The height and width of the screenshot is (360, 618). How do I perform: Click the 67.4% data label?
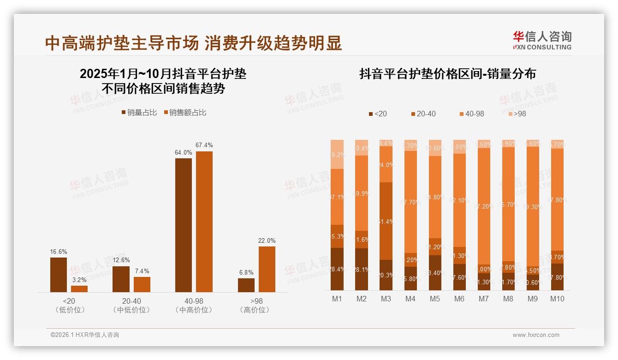tap(204, 145)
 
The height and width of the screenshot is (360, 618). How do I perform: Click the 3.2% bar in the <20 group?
tap(79, 288)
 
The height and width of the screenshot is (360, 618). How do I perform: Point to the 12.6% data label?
tap(121, 260)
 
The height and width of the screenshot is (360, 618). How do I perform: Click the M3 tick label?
tap(386, 299)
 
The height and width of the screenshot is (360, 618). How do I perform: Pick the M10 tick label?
tap(557, 299)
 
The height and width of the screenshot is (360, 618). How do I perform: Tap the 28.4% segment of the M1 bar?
tap(337, 269)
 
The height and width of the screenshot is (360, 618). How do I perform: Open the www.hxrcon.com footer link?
tap(535, 335)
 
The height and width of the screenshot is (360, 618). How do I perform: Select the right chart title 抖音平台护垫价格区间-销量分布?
tap(447, 74)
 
